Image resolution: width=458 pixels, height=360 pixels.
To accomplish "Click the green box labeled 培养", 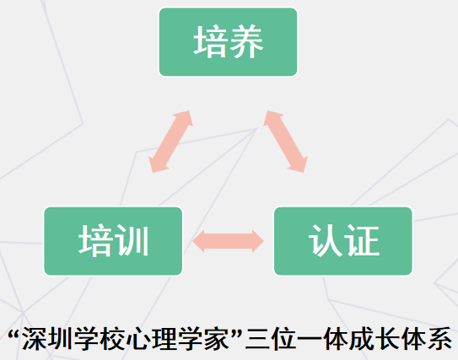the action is (x=228, y=42).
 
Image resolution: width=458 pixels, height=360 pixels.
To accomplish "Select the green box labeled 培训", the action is (x=113, y=241).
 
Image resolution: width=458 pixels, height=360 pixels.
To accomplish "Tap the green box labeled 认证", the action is (x=343, y=241).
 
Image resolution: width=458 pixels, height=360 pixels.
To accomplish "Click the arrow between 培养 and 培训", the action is (x=171, y=142).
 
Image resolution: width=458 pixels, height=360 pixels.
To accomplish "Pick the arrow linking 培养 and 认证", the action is (x=285, y=142).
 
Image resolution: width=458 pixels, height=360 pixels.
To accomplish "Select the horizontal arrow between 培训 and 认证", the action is (x=228, y=241).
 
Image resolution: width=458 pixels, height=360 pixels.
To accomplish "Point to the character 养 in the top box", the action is (x=247, y=41).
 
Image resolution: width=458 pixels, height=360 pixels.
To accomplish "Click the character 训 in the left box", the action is (x=132, y=241).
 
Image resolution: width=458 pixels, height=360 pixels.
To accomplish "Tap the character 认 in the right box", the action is (x=326, y=241).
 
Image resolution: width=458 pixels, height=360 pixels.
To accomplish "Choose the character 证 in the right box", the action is (x=362, y=241).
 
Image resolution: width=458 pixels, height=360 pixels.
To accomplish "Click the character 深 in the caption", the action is (x=34, y=339).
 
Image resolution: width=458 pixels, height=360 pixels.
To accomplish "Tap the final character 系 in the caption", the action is (x=439, y=339).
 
